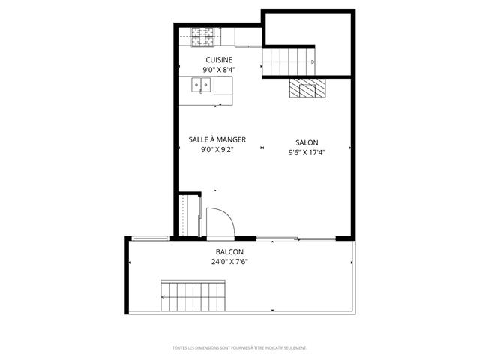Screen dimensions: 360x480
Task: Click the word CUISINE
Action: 219,60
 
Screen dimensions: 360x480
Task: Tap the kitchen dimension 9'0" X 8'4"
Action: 219,70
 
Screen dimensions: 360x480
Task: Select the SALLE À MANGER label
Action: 217,139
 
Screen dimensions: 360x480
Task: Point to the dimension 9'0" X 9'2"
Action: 217,150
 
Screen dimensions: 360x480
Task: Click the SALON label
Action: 307,142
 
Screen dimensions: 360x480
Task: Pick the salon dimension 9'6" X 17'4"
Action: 307,153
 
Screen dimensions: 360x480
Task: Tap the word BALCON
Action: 229,252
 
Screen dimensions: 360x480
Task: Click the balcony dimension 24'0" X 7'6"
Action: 229,262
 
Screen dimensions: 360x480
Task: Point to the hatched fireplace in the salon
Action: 307,88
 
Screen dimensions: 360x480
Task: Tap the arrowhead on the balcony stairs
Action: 163,298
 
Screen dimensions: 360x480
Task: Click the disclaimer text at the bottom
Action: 239,348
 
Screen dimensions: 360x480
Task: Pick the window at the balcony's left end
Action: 148,238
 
